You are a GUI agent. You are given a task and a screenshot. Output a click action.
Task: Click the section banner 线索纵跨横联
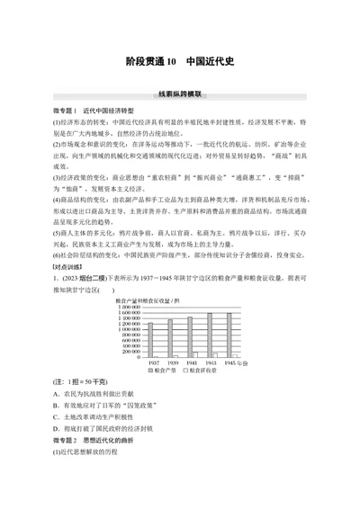click(x=179, y=93)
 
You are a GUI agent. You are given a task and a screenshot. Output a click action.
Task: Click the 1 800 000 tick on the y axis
click(x=130, y=308)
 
